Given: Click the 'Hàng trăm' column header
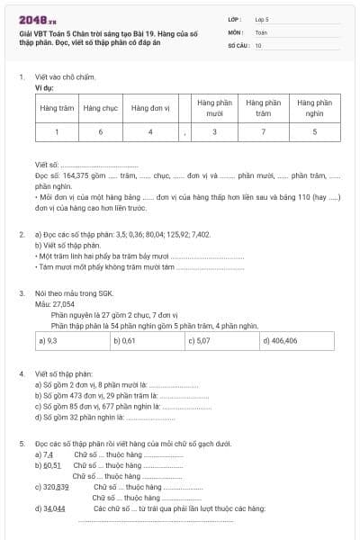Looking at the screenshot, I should click(57, 108).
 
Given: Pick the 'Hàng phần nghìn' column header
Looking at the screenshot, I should click(315, 108).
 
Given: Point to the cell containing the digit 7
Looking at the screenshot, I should click(263, 131).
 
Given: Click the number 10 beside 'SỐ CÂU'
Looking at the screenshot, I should click(258, 44).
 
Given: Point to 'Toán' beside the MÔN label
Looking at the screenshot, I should click(261, 31).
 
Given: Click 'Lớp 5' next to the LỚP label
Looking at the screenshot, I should click(262, 19).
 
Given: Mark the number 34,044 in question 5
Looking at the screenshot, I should click(54, 508).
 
